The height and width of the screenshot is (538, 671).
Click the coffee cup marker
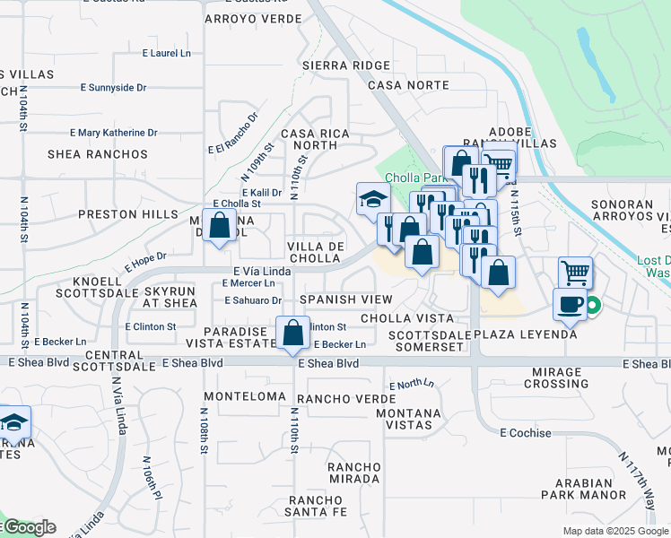point(570,304)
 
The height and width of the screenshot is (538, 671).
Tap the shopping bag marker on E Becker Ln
point(292,333)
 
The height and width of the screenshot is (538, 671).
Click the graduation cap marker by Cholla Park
point(372,199)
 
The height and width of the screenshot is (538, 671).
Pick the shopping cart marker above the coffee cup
point(575,272)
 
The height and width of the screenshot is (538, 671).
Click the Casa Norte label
point(408,85)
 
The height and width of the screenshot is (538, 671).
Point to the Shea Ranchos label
point(103,154)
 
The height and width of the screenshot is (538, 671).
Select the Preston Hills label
point(121,214)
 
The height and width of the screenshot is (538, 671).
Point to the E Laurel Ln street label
point(167,54)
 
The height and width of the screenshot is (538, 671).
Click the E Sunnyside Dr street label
point(113,88)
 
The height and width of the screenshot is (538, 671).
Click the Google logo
point(30,528)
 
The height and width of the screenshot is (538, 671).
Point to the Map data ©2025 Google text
point(615,531)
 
